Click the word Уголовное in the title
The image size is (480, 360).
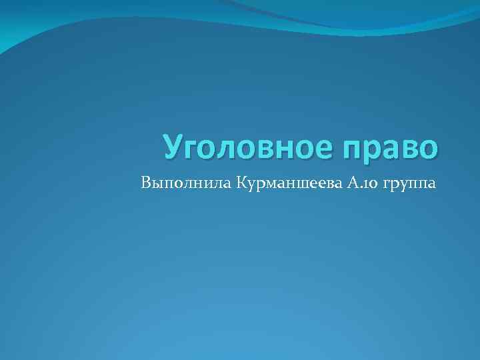[245, 147]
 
